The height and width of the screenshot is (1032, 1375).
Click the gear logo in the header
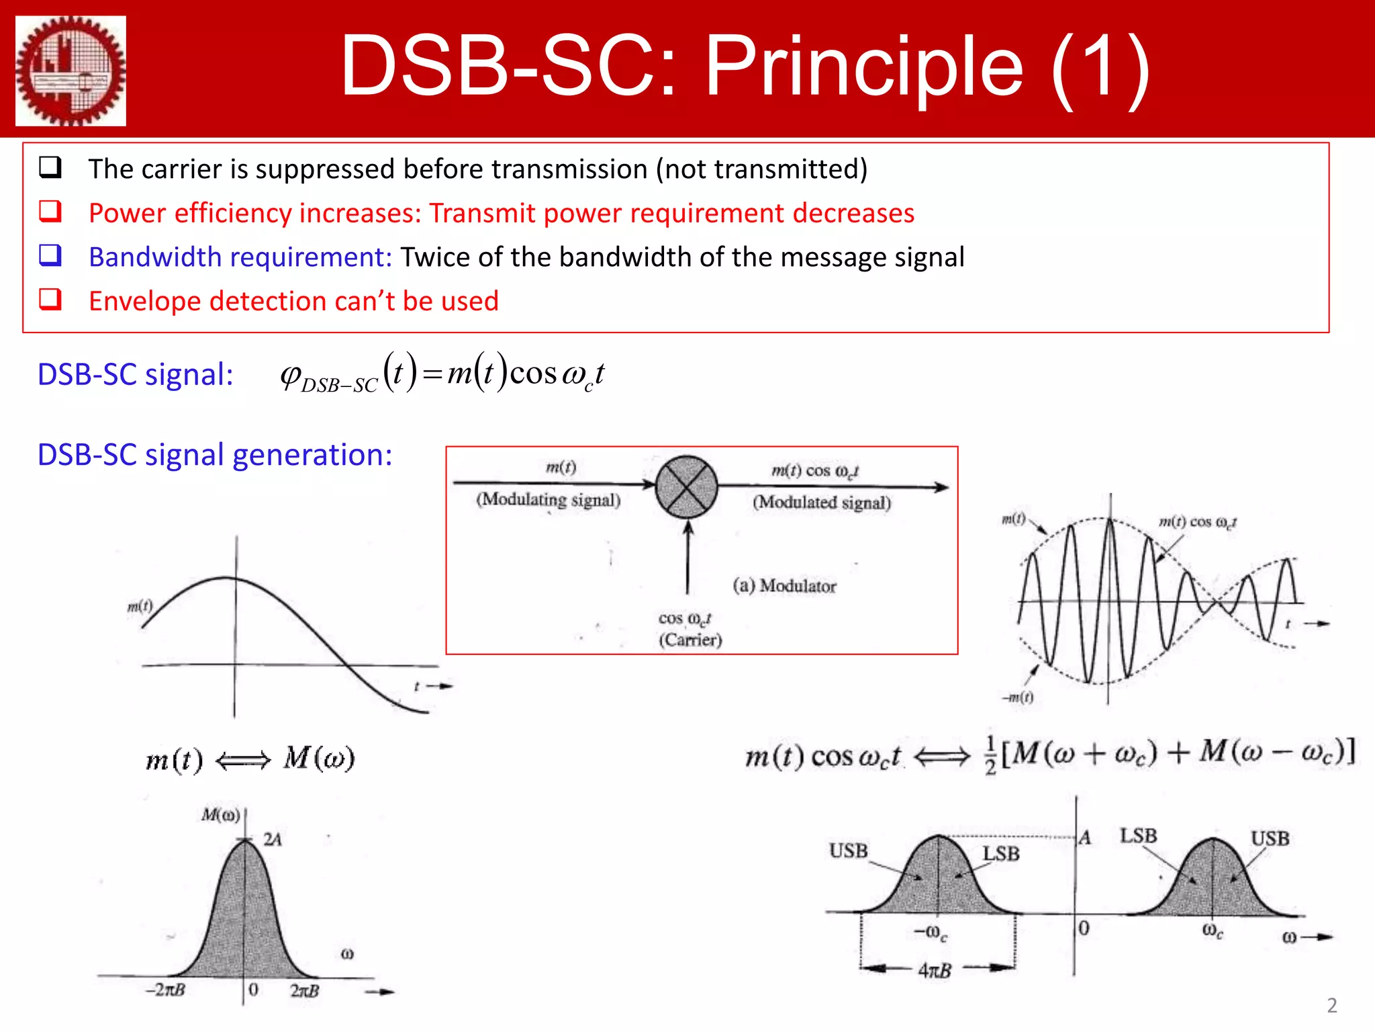70,71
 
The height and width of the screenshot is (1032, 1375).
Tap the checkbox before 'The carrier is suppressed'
50,167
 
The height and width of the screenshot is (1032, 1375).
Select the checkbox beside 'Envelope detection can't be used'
50,300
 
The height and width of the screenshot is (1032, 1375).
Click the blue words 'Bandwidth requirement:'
240,257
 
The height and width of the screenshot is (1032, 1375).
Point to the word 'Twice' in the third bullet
435,257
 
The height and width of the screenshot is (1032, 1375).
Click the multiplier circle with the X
686,487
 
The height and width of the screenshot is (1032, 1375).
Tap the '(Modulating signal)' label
548,499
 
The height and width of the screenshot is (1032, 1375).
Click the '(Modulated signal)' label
821,503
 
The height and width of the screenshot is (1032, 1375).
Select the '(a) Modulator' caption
784,586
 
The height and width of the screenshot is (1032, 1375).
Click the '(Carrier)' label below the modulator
690,640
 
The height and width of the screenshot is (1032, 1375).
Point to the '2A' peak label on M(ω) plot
272,839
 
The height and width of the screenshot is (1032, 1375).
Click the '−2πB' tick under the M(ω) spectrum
165,990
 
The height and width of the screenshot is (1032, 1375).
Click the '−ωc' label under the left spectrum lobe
931,933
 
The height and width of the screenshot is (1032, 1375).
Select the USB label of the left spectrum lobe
848,851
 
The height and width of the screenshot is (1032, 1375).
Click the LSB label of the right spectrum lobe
1138,836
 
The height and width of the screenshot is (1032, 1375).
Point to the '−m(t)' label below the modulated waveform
1018,697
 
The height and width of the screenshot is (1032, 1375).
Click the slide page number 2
1332,1005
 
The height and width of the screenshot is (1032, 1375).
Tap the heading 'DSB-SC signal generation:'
215,455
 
